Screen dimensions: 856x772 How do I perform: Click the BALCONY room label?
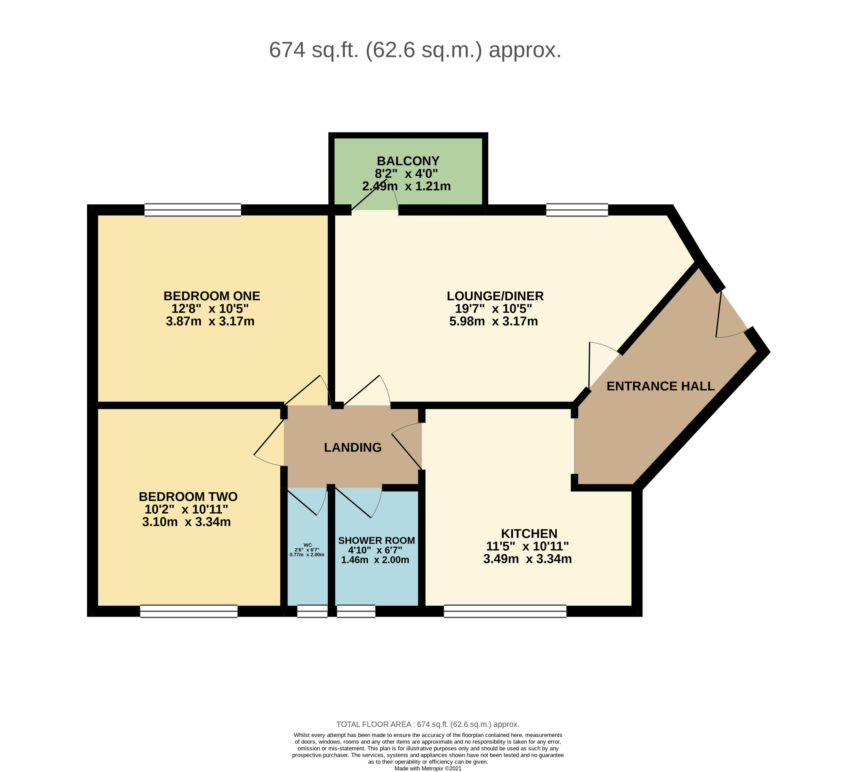click(408, 161)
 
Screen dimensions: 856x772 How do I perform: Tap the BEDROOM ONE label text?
click(212, 296)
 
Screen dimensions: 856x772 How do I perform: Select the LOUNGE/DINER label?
click(495, 296)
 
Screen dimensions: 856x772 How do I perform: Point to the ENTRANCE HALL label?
click(660, 386)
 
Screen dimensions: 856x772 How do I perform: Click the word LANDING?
click(353, 447)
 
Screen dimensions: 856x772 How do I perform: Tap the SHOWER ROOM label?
click(376, 540)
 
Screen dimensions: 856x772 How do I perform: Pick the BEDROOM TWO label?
click(188, 497)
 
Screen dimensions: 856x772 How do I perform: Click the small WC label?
click(308, 545)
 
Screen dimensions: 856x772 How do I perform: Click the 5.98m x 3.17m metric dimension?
click(494, 321)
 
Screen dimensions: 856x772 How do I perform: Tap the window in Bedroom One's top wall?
click(193, 210)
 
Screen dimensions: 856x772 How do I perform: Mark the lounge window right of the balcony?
click(577, 210)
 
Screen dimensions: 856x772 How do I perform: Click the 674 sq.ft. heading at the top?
click(415, 50)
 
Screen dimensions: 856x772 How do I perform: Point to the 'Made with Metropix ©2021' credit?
click(428, 768)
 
